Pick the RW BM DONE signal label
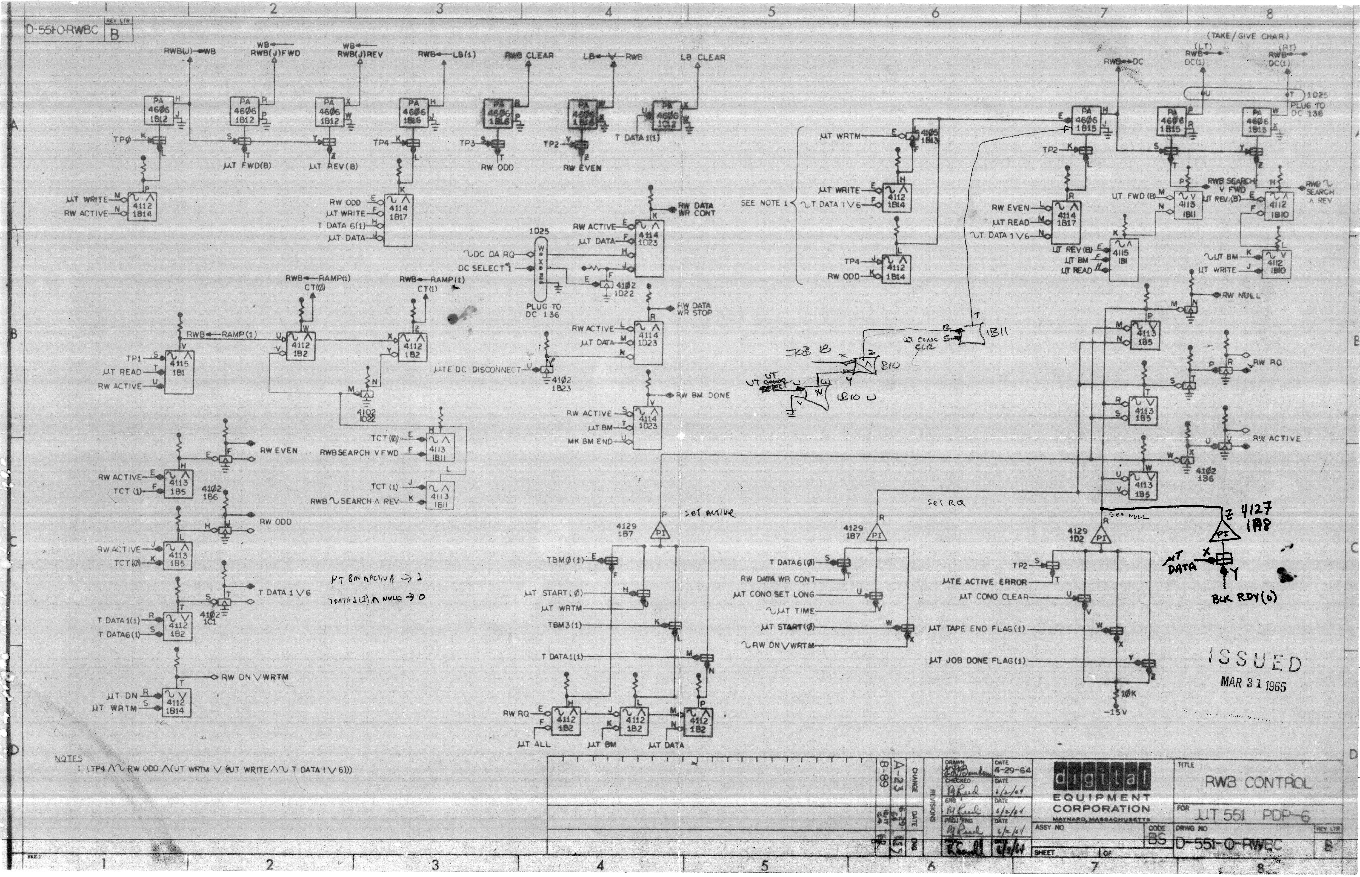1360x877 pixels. [x=702, y=395]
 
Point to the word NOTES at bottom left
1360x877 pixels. [x=68, y=759]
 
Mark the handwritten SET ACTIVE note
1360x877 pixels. [x=709, y=514]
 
